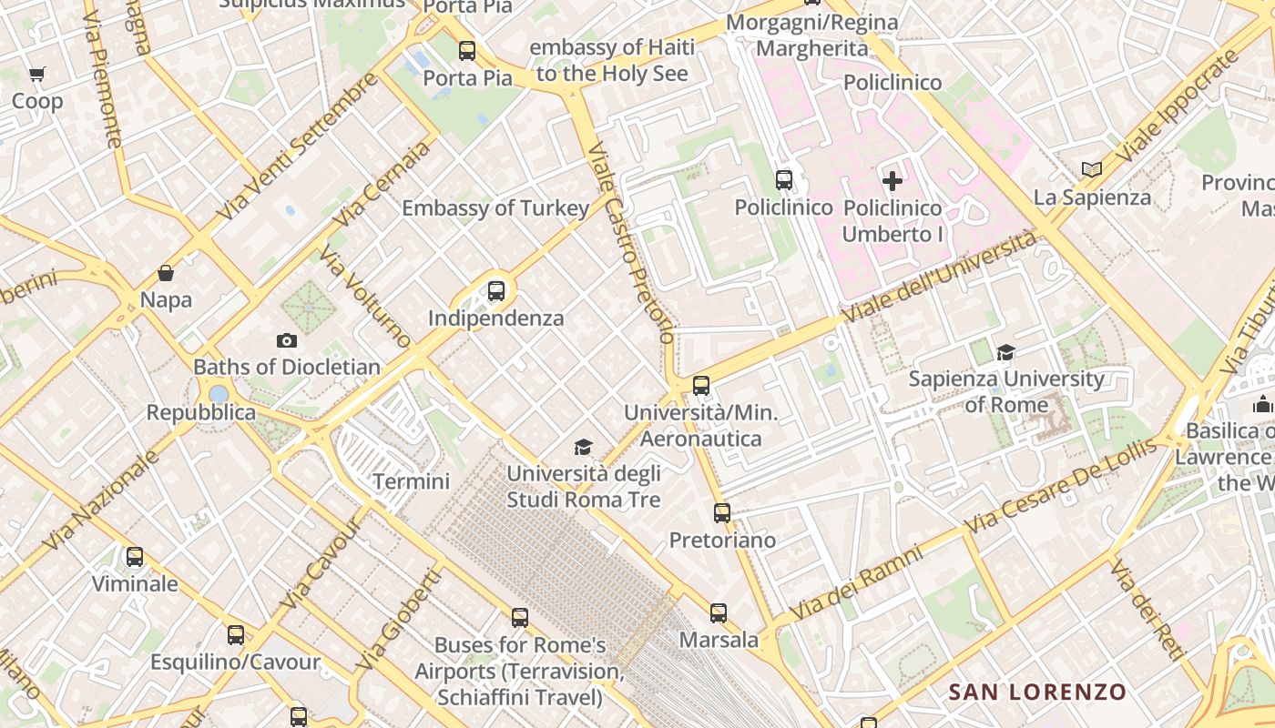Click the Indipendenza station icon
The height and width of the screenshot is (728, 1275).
pyautogui.click(x=495, y=291)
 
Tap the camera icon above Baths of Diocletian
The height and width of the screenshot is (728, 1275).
pyautogui.click(x=287, y=340)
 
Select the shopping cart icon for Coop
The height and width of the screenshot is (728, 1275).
pyautogui.click(x=36, y=75)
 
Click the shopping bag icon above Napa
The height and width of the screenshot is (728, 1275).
pyautogui.click(x=166, y=273)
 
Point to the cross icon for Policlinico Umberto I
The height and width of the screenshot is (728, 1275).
pyautogui.click(x=892, y=180)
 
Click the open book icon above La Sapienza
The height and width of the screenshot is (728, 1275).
pyautogui.click(x=1092, y=169)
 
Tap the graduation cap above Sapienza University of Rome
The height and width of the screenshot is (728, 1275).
pyautogui.click(x=1005, y=352)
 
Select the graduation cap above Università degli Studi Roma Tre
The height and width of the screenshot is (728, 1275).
pyautogui.click(x=583, y=447)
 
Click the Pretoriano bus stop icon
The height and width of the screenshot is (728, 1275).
pyautogui.click(x=722, y=513)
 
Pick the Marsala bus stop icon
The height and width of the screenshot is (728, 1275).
pyautogui.click(x=719, y=613)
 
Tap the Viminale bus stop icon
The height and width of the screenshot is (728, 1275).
pyautogui.click(x=135, y=556)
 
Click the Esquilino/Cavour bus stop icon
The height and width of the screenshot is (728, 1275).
pyautogui.click(x=236, y=635)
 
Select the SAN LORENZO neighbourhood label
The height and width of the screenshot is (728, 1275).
pyautogui.click(x=1037, y=692)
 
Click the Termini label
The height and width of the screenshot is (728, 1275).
pyautogui.click(x=412, y=481)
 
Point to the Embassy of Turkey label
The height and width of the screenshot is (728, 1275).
pyautogui.click(x=495, y=208)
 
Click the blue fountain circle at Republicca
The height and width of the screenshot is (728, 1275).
pyautogui.click(x=219, y=394)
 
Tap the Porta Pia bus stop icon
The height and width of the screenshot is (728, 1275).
pyautogui.click(x=467, y=51)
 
